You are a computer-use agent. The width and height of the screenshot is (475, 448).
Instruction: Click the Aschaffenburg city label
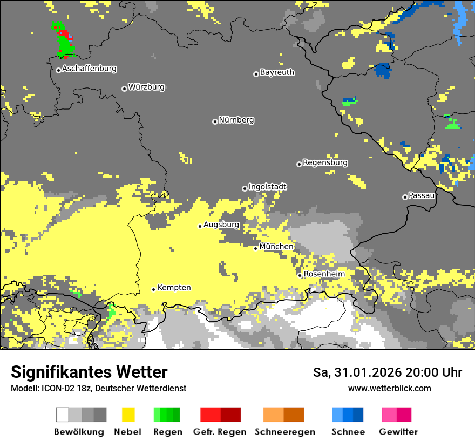pos(89,69)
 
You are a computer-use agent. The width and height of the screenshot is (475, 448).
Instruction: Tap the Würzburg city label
pos(146,87)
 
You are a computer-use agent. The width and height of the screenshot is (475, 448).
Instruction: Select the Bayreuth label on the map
pos(277,72)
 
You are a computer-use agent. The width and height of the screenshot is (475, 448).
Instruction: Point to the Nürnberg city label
pos(236,120)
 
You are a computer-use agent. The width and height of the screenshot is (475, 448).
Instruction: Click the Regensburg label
pos(325,162)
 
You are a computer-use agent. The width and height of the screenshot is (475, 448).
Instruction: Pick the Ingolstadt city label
pos(267,187)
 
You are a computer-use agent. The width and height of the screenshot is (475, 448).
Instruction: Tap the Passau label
pos(422,195)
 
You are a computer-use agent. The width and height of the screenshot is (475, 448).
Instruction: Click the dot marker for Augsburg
pos(200,226)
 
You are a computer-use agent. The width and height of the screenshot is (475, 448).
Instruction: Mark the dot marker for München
pos(256,248)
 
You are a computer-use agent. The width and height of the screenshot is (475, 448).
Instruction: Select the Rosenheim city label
pos(324,274)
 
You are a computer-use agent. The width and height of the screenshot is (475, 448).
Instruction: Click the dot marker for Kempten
pos(153,289)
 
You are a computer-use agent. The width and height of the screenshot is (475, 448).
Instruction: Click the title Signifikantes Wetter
pos(89,372)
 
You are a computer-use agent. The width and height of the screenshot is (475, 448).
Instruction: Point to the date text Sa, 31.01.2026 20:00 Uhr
pos(388,372)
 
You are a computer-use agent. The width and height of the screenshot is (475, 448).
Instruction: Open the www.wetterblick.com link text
pos(389,388)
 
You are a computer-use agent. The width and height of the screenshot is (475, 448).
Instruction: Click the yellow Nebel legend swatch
pos(128,415)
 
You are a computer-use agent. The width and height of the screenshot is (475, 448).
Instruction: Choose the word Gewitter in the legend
pos(398,432)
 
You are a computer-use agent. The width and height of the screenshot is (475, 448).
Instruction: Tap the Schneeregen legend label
pos(285,432)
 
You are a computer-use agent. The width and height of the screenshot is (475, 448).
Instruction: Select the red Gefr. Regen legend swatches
pos(220,415)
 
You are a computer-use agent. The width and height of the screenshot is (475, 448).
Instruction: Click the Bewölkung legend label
pos(79,432)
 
